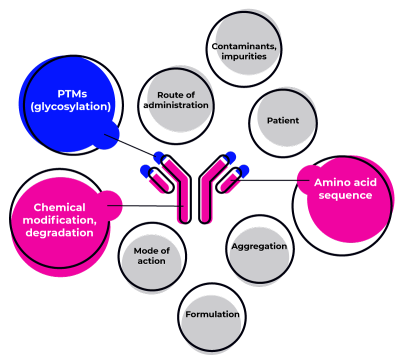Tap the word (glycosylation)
click(x=70, y=106)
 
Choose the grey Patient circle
click(x=283, y=120)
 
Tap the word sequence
click(x=345, y=195)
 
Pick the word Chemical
click(x=59, y=207)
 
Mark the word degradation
click(x=59, y=232)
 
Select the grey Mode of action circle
click(x=151, y=256)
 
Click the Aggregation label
click(x=259, y=246)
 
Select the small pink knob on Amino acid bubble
click(x=305, y=179)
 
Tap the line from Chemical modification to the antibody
click(x=150, y=205)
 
